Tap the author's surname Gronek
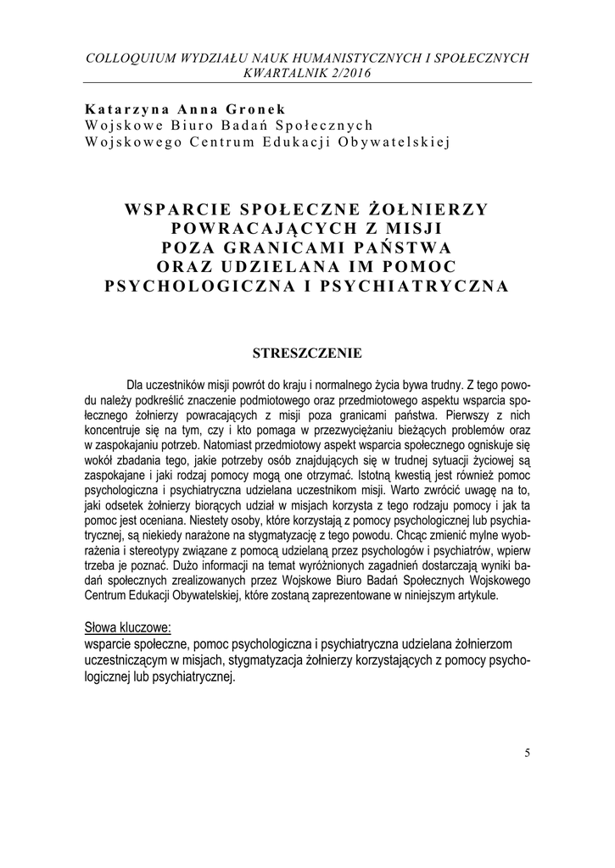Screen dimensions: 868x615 [x=254, y=109]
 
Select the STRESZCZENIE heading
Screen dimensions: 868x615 [x=307, y=352]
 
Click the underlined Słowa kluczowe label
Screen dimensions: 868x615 [x=127, y=628]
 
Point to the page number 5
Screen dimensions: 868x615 [x=527, y=753]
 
